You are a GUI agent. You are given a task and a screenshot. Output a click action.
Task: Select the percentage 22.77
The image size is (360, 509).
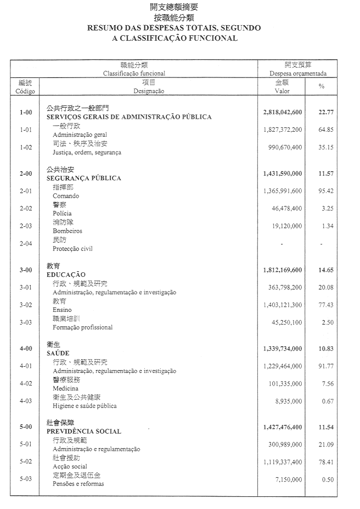326,112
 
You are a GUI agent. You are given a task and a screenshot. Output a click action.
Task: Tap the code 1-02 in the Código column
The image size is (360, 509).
26,147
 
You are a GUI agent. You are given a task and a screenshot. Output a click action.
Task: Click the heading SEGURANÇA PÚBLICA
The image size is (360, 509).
84,178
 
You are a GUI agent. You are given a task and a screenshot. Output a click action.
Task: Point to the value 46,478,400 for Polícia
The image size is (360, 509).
286,209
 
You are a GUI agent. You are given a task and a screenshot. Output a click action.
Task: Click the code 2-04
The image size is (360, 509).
26,243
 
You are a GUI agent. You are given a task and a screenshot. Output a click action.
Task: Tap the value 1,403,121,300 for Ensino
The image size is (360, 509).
283,305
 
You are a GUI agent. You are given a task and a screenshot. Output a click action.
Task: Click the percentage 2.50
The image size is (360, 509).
328,322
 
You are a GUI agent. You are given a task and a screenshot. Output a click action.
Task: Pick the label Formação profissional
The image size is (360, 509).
82,327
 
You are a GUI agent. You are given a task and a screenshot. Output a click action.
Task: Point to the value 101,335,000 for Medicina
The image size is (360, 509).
284,384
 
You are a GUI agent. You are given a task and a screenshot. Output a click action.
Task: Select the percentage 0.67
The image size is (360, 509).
328,401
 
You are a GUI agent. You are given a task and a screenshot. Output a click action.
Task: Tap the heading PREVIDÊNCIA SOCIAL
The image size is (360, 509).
84,432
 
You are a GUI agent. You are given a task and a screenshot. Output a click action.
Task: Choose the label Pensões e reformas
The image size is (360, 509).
78,484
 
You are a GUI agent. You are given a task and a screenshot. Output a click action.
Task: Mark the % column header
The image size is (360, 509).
322,87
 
